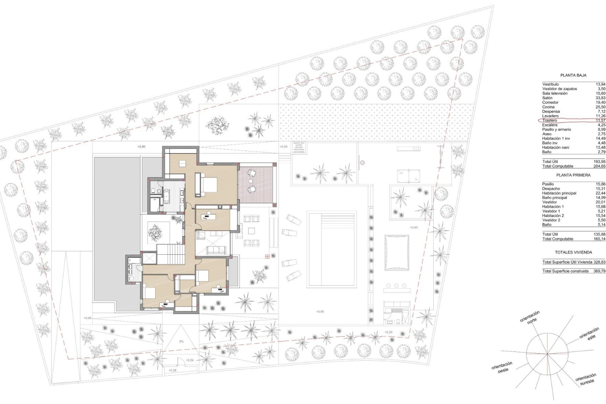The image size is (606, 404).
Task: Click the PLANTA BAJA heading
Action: pyautogui.click(x=573, y=75)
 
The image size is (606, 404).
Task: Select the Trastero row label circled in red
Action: pyautogui.click(x=550, y=121)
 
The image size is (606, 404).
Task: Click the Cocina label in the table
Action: pyautogui.click(x=549, y=107)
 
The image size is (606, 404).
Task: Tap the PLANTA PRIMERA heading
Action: pyautogui.click(x=573, y=175)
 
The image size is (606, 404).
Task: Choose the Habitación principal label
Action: pyautogui.click(x=559, y=193)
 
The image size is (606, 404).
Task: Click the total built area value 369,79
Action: pyautogui.click(x=599, y=271)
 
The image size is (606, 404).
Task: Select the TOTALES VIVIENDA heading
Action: pyautogui.click(x=573, y=252)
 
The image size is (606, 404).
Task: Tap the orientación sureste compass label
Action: pyautogui.click(x=586, y=379)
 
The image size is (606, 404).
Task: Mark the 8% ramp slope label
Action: pyautogui.click(x=181, y=342)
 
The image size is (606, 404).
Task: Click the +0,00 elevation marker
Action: pyautogui.click(x=283, y=147)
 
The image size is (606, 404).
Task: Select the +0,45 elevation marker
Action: pyautogui.click(x=413, y=228)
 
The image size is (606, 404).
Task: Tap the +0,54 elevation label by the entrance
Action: pyautogui.click(x=190, y=360)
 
